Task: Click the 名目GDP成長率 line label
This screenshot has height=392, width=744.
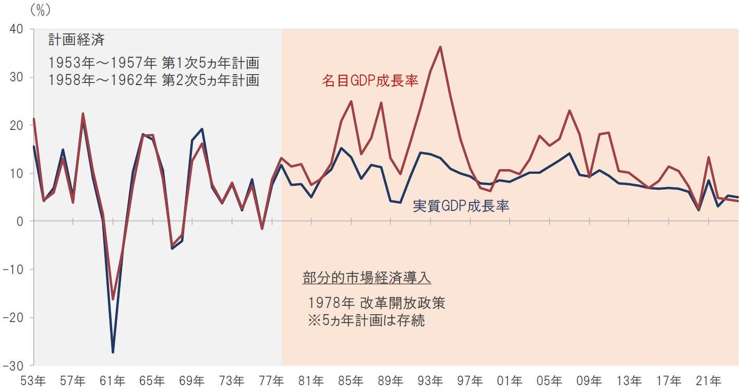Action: [x=370, y=80]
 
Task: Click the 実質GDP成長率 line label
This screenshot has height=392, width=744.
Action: [x=461, y=206]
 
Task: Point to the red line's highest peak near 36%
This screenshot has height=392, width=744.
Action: [x=440, y=47]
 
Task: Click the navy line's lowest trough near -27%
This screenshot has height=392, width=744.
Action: [x=113, y=352]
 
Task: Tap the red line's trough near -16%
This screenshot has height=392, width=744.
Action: [x=113, y=299]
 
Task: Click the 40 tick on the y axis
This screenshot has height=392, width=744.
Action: [x=16, y=30]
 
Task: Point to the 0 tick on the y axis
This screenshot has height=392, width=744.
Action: [x=20, y=221]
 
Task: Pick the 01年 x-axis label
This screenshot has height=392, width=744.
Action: [x=510, y=381]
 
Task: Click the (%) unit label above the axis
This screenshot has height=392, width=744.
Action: [x=40, y=9]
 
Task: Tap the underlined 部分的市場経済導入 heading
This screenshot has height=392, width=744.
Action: [x=367, y=278]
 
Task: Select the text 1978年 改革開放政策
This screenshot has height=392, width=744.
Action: [x=376, y=303]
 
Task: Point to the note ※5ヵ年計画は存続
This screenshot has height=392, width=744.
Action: [x=366, y=320]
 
